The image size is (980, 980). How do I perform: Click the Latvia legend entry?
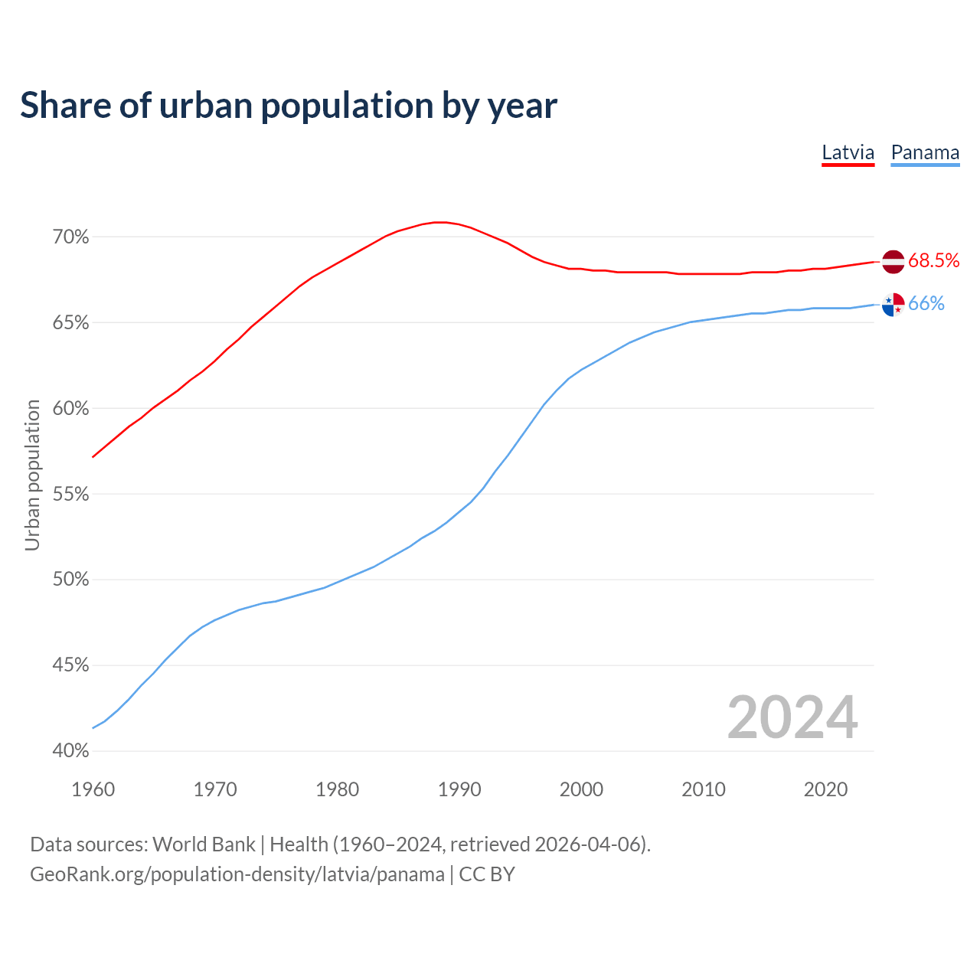pos(848,152)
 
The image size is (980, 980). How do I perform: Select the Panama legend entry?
pos(925,152)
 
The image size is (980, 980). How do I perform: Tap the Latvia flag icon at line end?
pos(893,261)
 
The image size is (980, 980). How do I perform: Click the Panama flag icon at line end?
pos(893,305)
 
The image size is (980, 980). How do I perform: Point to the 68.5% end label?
pos(933,261)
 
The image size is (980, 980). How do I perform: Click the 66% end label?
pos(926,304)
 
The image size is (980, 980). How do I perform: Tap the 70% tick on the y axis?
pos(70,237)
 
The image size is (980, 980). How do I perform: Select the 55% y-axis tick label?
pos(70,495)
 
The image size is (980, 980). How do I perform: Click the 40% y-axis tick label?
pos(70,751)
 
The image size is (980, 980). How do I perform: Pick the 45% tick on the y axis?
pos(70,665)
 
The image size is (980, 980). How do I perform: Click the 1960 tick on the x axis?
pos(93,789)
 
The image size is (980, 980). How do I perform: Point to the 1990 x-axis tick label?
pos(459,789)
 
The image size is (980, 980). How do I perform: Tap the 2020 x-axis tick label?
pos(825,789)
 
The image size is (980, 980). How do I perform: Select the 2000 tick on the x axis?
pos(581,789)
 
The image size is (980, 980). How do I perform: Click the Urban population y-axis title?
pos(32,475)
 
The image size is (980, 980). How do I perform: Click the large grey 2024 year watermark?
pos(792,717)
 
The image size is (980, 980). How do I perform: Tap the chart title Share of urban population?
pos(289,106)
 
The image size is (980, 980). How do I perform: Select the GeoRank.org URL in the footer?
pos(237,874)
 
